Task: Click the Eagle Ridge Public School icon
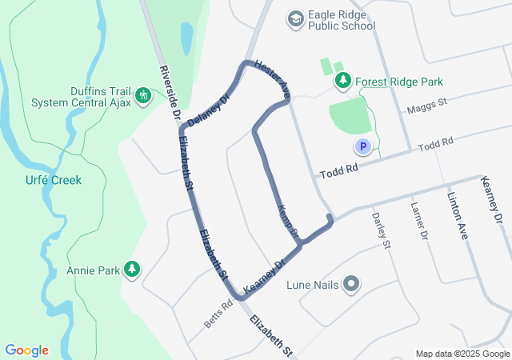tap(296, 18)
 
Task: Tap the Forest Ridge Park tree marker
tap(342, 81)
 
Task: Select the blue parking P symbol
tap(362, 146)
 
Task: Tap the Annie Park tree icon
tap(132, 270)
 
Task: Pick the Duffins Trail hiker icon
tap(143, 96)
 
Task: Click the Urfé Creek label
tap(53, 180)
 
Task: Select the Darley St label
tap(381, 230)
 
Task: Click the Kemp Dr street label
tap(287, 221)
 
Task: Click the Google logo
tap(26, 350)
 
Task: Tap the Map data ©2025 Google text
tap(462, 354)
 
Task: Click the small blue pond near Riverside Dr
tap(186, 36)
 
